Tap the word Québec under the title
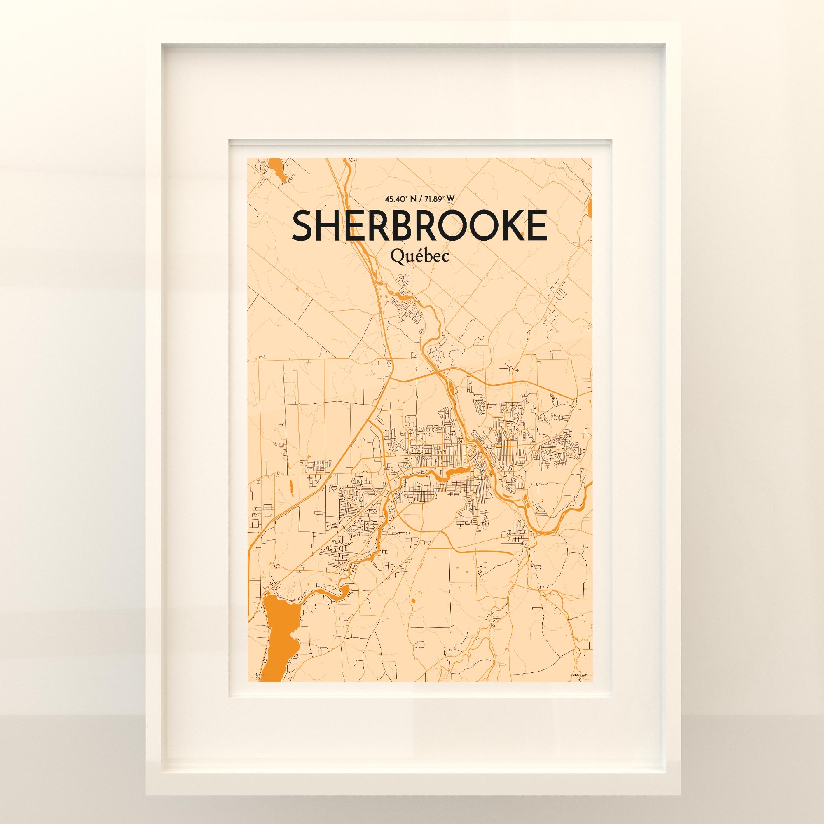point(419,257)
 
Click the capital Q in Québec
point(398,257)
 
